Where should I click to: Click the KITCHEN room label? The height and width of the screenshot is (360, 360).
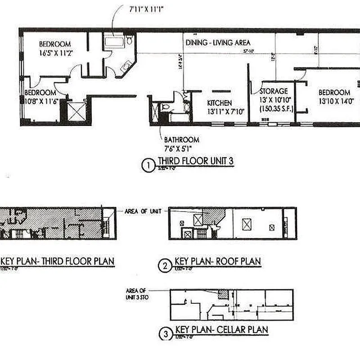pyautogui.click(x=219, y=103)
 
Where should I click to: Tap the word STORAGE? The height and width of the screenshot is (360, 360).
pyautogui.click(x=273, y=91)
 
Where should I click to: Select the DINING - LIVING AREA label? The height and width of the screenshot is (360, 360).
pyautogui.click(x=218, y=43)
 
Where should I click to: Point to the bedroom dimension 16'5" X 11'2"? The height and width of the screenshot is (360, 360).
pyautogui.click(x=56, y=53)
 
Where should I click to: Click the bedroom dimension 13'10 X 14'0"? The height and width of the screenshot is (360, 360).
pyautogui.click(x=334, y=102)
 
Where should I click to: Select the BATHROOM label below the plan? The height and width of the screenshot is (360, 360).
pyautogui.click(x=181, y=140)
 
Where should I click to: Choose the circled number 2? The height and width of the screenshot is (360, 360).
pyautogui.click(x=165, y=266)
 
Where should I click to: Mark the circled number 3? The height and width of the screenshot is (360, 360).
pyautogui.click(x=166, y=334)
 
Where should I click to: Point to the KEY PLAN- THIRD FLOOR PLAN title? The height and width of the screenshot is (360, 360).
pyautogui.click(x=58, y=261)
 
